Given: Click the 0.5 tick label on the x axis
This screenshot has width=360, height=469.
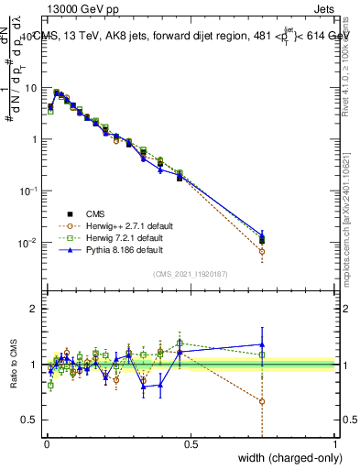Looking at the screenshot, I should coord(191,445).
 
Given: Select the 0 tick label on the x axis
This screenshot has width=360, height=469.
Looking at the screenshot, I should coord(47,445).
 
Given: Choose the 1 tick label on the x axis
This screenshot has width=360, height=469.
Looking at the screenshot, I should coord(334,445).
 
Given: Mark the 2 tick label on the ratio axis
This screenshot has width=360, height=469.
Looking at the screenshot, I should coord(34,309).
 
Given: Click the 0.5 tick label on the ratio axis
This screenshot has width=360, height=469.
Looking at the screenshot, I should coord(30,420).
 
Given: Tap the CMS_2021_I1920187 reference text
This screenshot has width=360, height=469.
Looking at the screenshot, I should coord(191,273).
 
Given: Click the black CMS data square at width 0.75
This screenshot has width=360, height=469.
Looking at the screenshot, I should coord(262,241).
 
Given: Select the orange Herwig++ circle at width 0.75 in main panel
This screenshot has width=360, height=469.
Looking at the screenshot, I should coord(262,251).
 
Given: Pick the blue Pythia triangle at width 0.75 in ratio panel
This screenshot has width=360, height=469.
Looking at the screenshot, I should coord(262,344).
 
